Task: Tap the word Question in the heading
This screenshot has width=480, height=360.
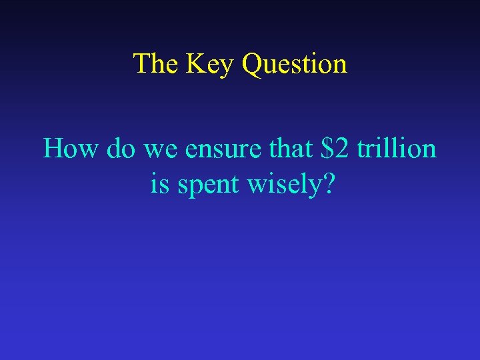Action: pos(295,65)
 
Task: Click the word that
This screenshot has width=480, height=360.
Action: pos(290,148)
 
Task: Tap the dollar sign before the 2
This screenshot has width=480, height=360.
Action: pos(327,148)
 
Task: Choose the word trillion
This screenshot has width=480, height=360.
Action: pos(396,148)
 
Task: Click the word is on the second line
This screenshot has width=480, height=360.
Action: pos(159,185)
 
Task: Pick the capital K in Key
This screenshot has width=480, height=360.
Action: pos(196,64)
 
